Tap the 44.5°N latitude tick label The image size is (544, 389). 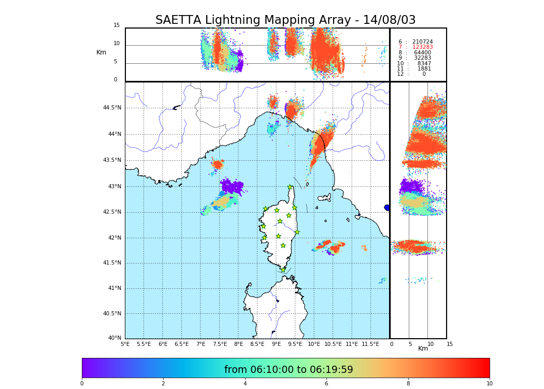112,108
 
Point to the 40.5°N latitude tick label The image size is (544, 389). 112,314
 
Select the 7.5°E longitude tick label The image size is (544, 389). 220,344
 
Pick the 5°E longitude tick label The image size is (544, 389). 125,344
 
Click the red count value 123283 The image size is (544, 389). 422,47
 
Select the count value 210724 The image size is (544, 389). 422,42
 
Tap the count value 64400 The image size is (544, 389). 422,53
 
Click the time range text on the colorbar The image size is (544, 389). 289,370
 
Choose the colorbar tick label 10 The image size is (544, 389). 489,384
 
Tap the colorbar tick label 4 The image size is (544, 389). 245,384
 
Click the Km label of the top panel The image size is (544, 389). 101,52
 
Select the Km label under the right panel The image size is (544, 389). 423,349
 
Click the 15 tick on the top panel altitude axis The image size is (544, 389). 117,25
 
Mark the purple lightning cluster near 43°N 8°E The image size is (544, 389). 232,186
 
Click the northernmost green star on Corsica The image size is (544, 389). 290,187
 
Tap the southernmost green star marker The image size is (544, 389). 283,270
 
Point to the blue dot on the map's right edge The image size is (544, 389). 387,207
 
